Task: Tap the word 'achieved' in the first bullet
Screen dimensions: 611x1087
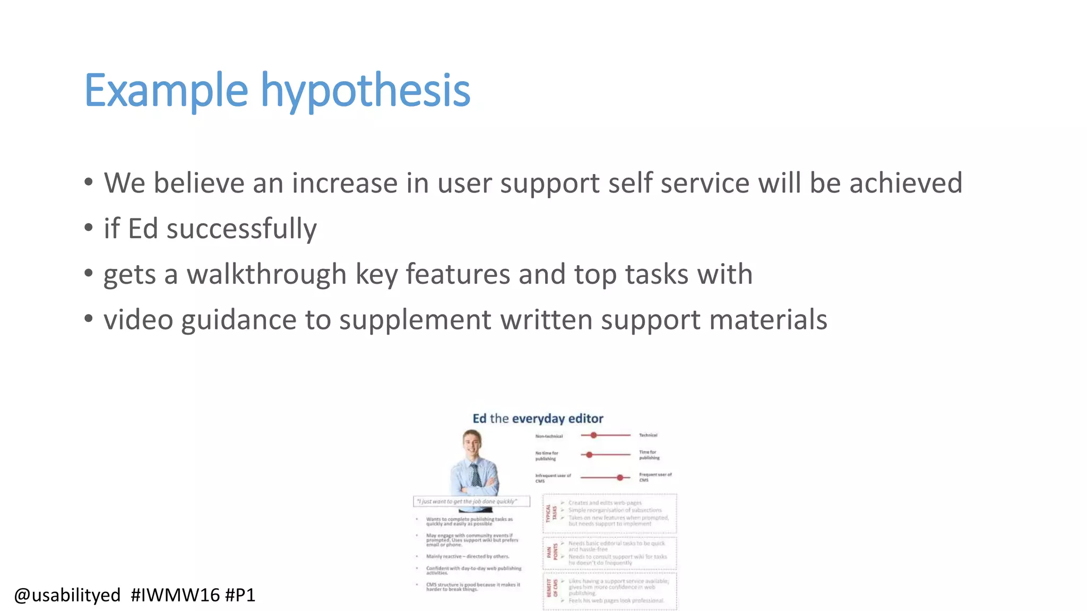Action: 905,183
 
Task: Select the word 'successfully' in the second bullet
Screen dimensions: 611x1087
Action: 241,229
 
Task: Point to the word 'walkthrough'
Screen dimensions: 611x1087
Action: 266,275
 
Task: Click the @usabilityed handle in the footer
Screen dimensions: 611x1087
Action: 67,595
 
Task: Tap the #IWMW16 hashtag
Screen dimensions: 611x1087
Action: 175,595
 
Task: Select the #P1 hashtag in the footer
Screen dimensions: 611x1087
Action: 240,595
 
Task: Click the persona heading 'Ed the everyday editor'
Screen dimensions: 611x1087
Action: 538,418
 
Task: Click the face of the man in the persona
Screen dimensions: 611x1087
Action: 471,444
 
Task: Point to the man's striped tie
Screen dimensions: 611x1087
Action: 476,475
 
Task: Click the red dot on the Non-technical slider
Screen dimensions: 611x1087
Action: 593,435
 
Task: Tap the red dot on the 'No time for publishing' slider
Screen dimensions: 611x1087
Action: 589,455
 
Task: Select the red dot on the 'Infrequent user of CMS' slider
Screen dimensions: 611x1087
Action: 619,477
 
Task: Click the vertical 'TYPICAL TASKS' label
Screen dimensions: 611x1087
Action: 551,513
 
